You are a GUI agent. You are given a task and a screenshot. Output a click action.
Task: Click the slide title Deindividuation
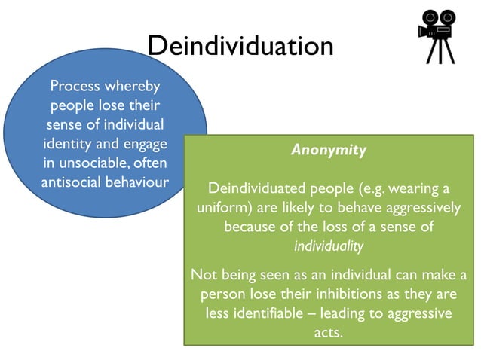coord(240,46)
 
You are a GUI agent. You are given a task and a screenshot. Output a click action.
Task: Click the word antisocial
coord(71,182)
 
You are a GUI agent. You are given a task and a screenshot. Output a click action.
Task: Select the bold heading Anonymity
coord(329,150)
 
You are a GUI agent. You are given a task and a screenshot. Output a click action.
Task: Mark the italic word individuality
coord(329,246)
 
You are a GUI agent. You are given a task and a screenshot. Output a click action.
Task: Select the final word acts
coord(329,331)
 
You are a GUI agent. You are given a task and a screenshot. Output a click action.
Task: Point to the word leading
coord(351,312)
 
